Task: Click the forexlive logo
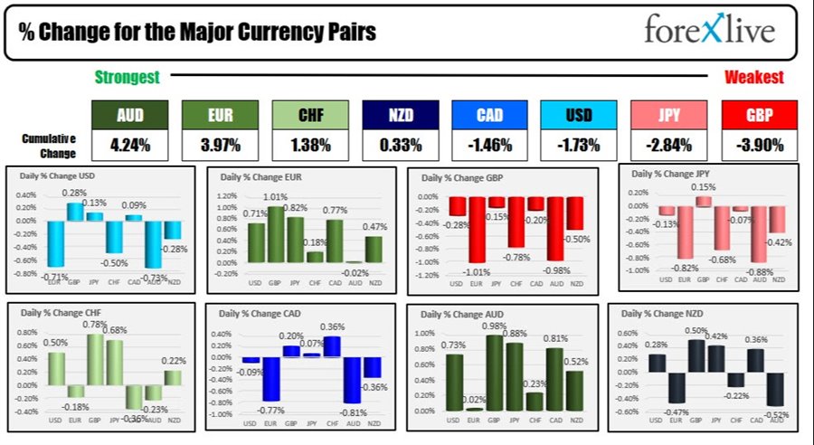coord(709,30)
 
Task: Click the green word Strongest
coord(128,78)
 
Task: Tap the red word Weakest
coord(753,78)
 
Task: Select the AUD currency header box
coord(130,115)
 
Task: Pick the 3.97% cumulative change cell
coord(220,144)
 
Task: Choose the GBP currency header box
coord(760,115)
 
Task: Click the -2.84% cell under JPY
coord(669,144)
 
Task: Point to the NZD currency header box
coord(400,115)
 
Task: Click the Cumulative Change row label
coord(49,144)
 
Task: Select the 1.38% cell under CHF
coord(310,144)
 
